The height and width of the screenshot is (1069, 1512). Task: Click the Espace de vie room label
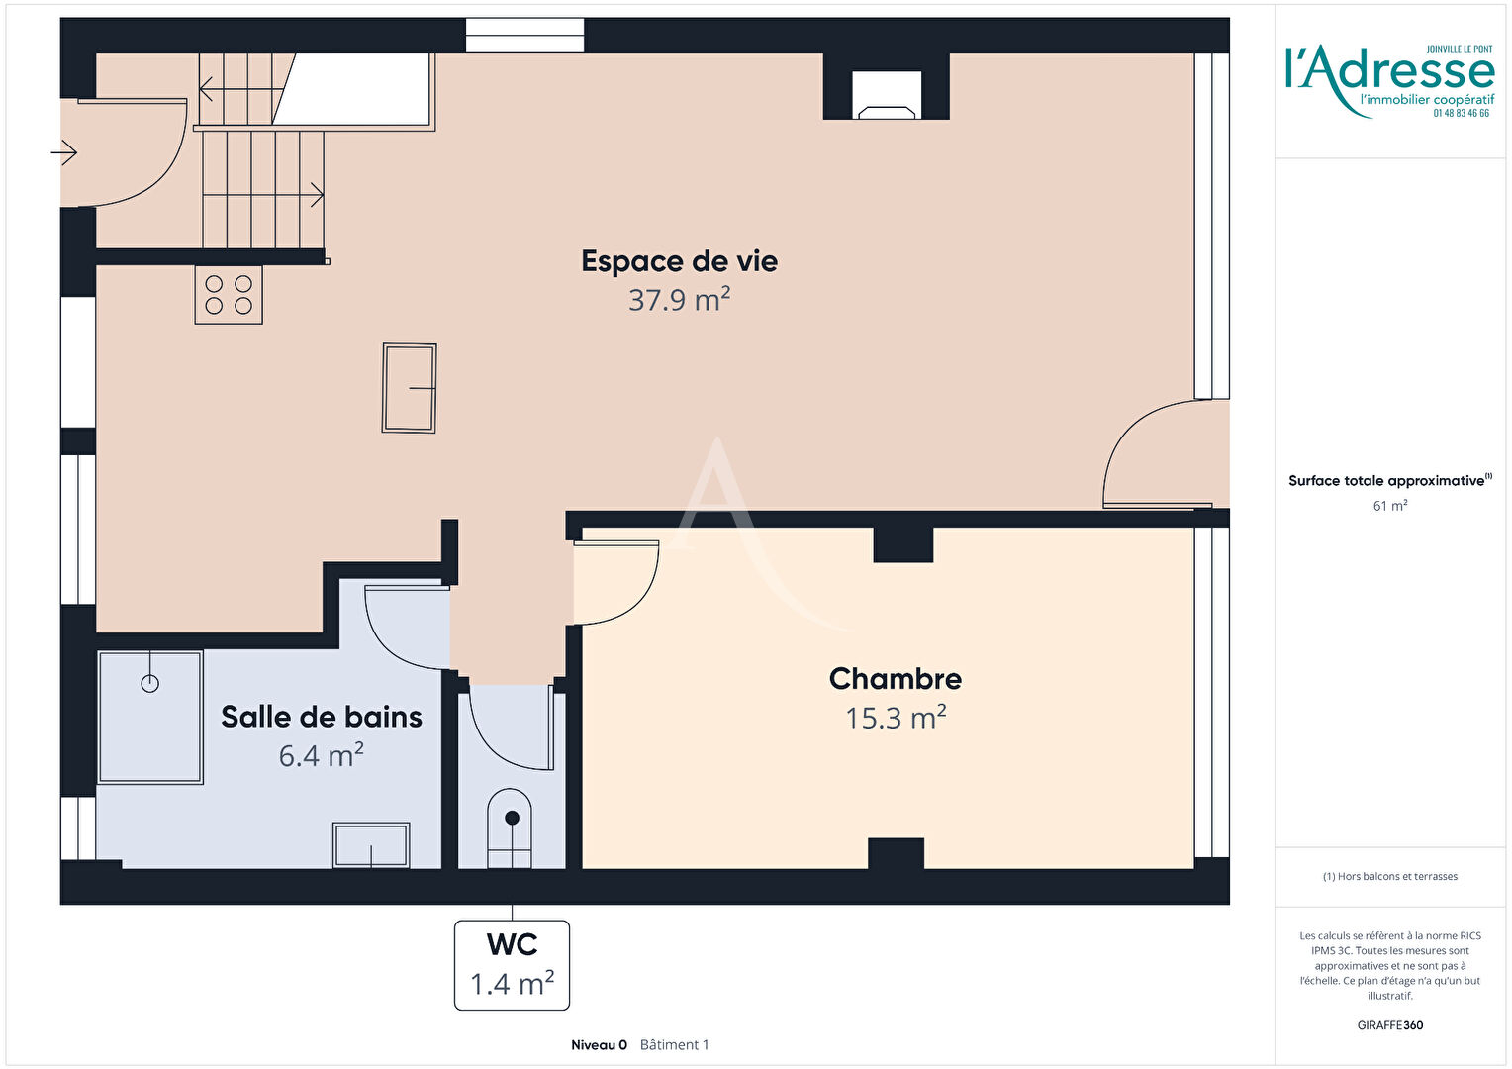(679, 261)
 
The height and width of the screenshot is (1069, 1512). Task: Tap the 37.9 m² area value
(679, 299)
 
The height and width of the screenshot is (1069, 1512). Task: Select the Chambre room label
(896, 679)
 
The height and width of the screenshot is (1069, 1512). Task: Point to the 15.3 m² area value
(896, 718)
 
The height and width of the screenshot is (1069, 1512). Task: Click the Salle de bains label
(322, 717)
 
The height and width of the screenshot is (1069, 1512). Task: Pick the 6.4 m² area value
(322, 755)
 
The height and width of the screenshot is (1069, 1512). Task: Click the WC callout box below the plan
(512, 965)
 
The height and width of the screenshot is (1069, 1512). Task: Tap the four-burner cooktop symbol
(229, 295)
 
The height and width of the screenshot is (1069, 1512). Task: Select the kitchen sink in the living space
(409, 388)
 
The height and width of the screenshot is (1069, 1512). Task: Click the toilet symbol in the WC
(510, 828)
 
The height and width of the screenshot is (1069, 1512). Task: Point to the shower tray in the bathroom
(149, 718)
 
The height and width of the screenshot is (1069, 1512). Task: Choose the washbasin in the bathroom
(371, 844)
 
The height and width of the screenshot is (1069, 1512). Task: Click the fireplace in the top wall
(887, 95)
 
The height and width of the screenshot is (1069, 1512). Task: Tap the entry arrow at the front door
(64, 152)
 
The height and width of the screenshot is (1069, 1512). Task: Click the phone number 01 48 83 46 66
(1462, 114)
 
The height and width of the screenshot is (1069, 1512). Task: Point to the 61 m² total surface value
(1390, 505)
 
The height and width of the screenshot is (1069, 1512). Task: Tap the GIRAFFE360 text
(1390, 1025)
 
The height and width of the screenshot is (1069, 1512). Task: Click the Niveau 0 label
(599, 1044)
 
